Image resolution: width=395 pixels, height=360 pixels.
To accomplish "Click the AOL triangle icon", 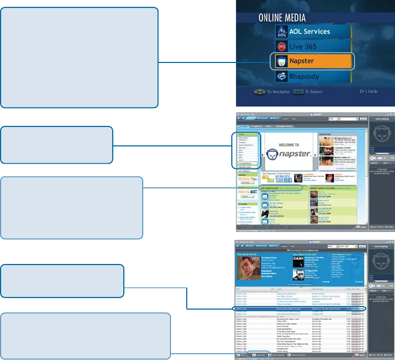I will (x=281, y=31).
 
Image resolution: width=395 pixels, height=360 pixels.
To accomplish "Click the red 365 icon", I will (x=281, y=46).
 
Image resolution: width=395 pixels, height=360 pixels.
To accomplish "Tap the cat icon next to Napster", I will (x=281, y=61).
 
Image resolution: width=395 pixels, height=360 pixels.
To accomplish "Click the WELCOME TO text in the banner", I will (x=283, y=145).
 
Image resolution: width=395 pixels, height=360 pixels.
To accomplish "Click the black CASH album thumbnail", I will (x=298, y=261).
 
